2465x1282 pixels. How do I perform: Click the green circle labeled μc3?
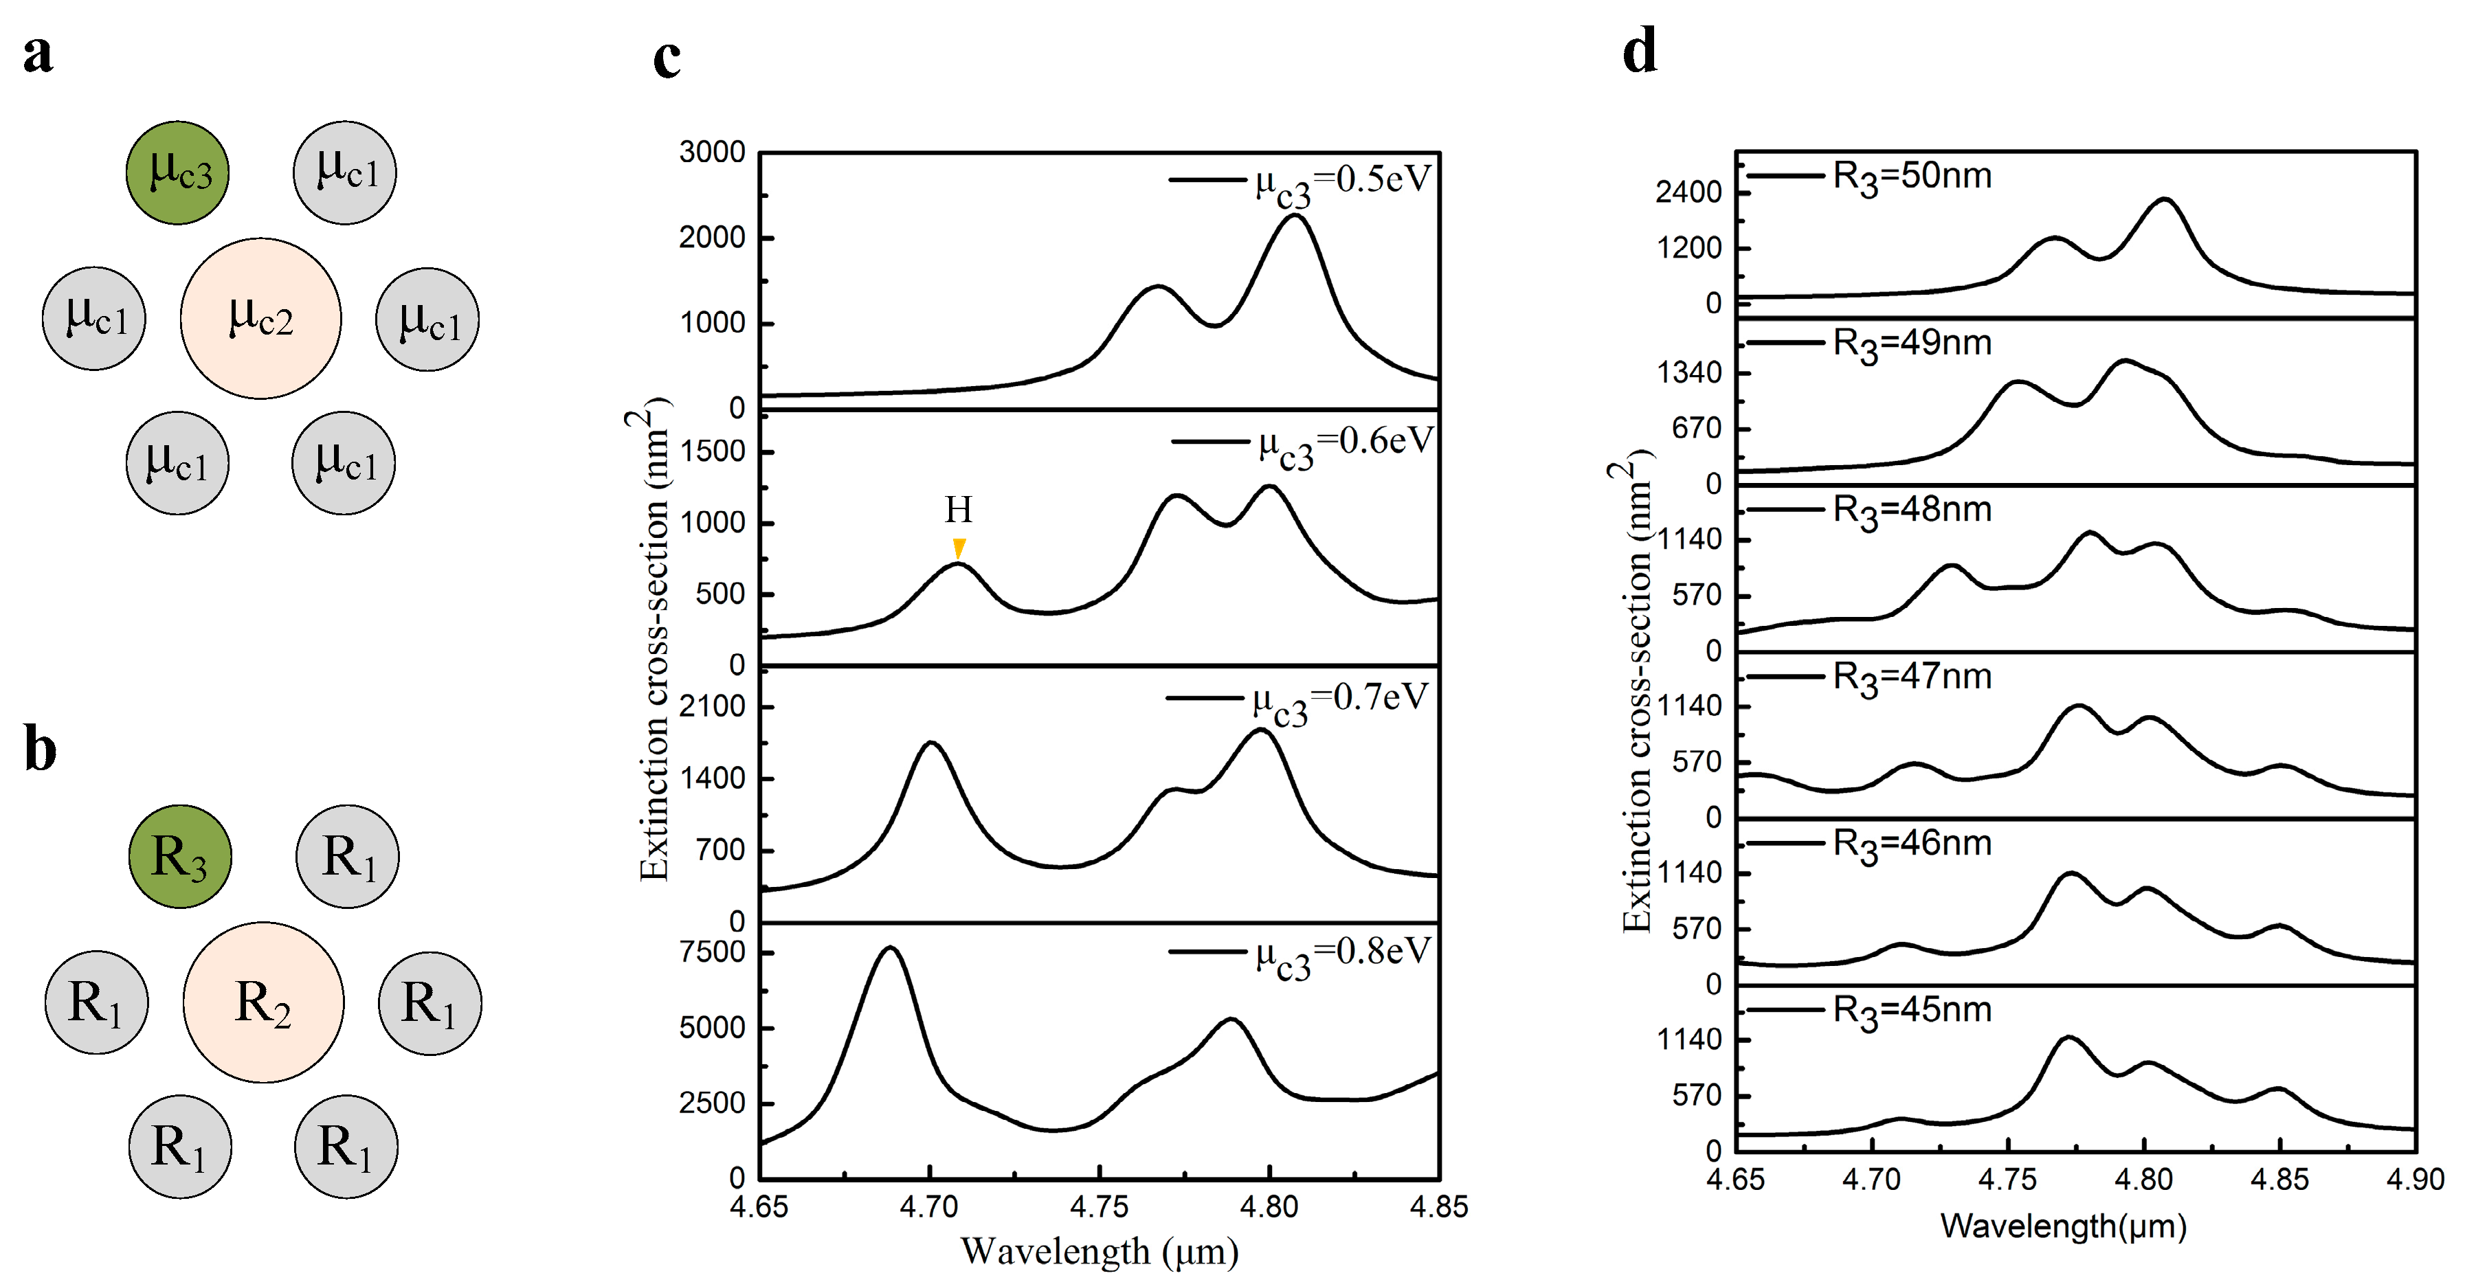(x=178, y=173)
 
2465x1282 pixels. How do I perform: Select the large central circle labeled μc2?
(x=260, y=319)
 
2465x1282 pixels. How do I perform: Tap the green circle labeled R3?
(x=180, y=856)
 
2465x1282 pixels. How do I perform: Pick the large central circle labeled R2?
(x=263, y=1002)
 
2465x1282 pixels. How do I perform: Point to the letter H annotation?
(x=959, y=510)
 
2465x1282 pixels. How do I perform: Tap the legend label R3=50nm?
(x=1912, y=177)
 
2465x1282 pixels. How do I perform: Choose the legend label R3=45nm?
(x=1912, y=1011)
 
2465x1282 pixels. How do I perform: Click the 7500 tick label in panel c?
(x=712, y=952)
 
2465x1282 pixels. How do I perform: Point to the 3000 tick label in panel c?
(x=712, y=152)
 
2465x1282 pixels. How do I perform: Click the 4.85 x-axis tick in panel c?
(x=1438, y=1207)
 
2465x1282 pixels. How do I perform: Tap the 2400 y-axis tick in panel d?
(x=1689, y=192)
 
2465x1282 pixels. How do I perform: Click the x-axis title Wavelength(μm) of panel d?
(x=2063, y=1226)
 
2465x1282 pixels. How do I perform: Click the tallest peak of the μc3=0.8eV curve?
(x=891, y=948)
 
